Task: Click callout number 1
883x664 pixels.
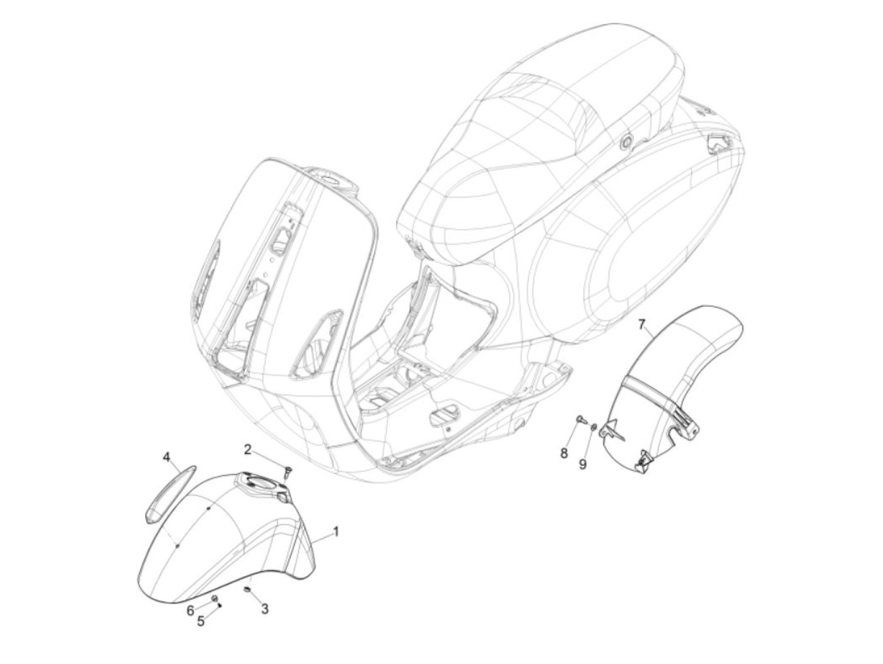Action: coord(336,531)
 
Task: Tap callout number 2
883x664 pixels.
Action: coord(248,449)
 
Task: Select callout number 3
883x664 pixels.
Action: coord(265,609)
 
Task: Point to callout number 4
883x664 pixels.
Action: coord(167,456)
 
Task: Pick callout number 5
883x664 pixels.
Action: coord(201,621)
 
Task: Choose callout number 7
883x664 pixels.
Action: coord(641,325)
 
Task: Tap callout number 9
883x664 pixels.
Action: coord(583,464)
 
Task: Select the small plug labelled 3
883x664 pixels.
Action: coord(248,590)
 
